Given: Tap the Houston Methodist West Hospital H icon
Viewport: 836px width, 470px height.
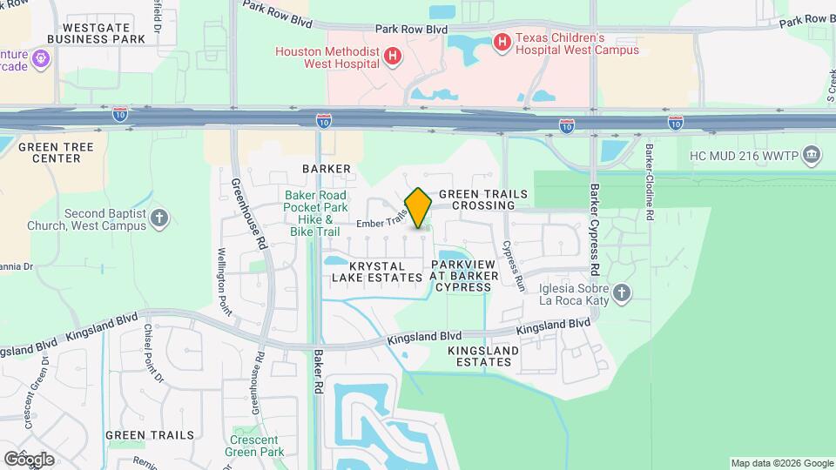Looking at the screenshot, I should pos(394,55).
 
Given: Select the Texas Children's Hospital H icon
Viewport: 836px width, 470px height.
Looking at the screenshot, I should pos(502,41).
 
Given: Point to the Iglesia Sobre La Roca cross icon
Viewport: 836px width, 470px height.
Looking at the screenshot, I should pos(621,292).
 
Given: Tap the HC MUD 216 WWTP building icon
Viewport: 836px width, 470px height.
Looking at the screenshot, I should pos(812,155).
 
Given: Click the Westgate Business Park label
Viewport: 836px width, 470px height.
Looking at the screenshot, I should pos(96,33).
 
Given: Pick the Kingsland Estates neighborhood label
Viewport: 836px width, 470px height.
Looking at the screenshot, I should pos(483,356).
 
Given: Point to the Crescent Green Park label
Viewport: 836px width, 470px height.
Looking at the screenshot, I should pos(254,446).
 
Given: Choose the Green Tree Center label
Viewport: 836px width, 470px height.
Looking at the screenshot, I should pos(55,153).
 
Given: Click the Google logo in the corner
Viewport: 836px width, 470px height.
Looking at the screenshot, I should pos(29,459).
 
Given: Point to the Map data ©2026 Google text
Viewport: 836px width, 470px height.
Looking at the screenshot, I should pos(782,463).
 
